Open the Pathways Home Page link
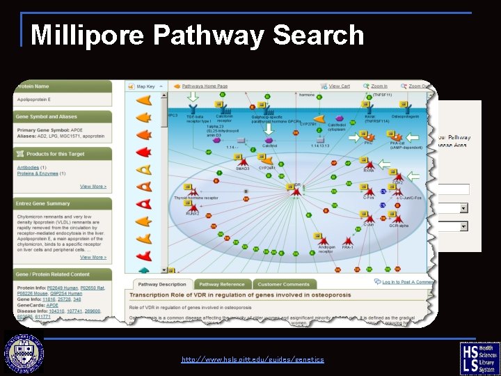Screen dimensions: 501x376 click(205, 86)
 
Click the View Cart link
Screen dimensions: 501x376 click(339, 86)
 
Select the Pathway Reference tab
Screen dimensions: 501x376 click(222, 284)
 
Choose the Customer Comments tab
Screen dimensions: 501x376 click(283, 284)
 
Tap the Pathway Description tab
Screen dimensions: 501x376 click(162, 284)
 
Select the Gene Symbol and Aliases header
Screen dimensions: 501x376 click(47, 116)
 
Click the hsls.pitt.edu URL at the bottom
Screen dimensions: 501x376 click(253, 359)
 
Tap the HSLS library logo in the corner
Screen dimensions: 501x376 click(479, 358)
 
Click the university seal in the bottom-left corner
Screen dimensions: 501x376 click(25, 354)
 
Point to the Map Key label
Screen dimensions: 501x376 click(146, 86)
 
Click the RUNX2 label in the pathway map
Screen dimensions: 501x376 click(193, 213)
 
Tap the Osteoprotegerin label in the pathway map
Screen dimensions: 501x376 click(406, 116)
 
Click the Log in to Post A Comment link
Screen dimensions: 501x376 click(408, 282)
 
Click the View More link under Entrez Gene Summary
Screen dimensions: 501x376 click(93, 257)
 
